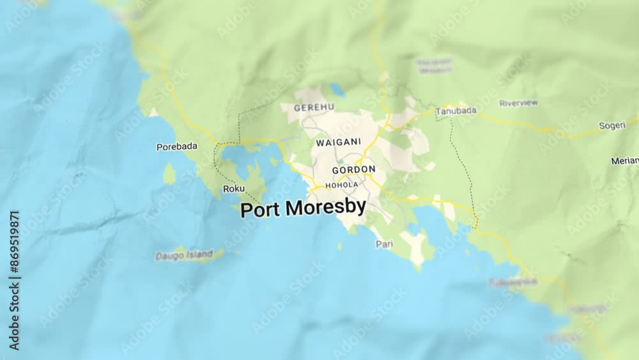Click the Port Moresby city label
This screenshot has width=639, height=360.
point(303,208)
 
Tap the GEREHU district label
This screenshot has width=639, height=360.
point(314,108)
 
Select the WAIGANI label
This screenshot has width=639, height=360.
point(338,142)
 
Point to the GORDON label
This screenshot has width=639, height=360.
point(353,169)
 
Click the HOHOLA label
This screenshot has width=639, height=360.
point(342,185)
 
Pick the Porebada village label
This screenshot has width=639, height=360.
point(177,146)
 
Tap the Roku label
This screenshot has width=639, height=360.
point(233,189)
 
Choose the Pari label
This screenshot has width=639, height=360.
point(384,244)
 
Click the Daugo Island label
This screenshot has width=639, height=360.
point(184,255)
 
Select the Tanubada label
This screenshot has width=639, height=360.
point(456,111)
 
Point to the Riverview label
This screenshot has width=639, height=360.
point(518,103)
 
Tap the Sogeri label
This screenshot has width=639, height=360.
point(612,125)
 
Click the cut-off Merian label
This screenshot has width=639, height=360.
point(624,160)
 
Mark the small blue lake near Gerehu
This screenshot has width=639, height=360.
point(337,91)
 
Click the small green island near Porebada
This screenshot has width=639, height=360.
point(169,173)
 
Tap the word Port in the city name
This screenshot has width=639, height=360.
point(260,210)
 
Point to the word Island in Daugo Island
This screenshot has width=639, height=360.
point(199,254)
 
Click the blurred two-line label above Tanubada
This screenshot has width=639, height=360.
point(435,65)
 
